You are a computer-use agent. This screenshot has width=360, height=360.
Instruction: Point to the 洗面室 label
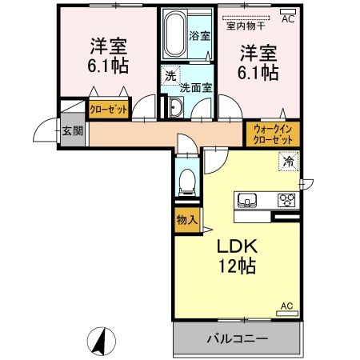195,87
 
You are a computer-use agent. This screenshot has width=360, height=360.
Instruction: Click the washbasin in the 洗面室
175,108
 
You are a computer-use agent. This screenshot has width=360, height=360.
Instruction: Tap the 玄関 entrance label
72,131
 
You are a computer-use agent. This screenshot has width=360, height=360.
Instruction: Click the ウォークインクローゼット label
273,132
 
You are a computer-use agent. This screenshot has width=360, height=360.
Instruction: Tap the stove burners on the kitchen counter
286,199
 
